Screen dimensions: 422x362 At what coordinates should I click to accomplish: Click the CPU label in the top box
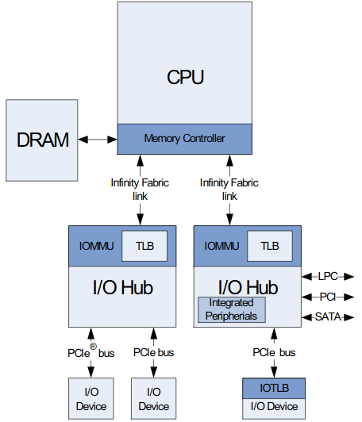click(x=185, y=77)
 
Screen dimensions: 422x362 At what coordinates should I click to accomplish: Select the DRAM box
click(x=42, y=140)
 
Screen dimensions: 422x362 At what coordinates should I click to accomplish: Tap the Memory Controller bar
click(x=184, y=139)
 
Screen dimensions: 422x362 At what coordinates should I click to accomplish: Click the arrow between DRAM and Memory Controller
click(x=98, y=140)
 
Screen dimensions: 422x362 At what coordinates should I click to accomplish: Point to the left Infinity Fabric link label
click(x=140, y=189)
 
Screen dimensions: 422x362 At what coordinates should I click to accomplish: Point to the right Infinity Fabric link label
click(x=229, y=189)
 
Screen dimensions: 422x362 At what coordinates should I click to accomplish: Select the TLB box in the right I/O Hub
click(x=271, y=247)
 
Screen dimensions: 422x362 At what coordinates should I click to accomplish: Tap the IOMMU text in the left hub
click(x=96, y=247)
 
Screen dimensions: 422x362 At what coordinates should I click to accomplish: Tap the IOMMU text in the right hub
click(x=222, y=247)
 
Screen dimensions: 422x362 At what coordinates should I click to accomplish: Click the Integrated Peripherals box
click(x=232, y=309)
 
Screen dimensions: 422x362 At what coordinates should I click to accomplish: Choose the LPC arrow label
click(x=328, y=276)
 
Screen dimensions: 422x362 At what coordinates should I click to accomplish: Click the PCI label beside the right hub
click(x=328, y=297)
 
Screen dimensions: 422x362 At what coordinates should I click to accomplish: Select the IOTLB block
click(x=274, y=389)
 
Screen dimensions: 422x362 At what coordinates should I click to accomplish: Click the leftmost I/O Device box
click(x=89, y=399)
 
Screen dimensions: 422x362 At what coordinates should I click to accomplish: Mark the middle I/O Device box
click(x=153, y=399)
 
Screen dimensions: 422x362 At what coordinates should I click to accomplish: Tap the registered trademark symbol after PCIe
click(x=93, y=346)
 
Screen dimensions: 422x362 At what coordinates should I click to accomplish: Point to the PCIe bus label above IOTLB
click(x=274, y=351)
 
